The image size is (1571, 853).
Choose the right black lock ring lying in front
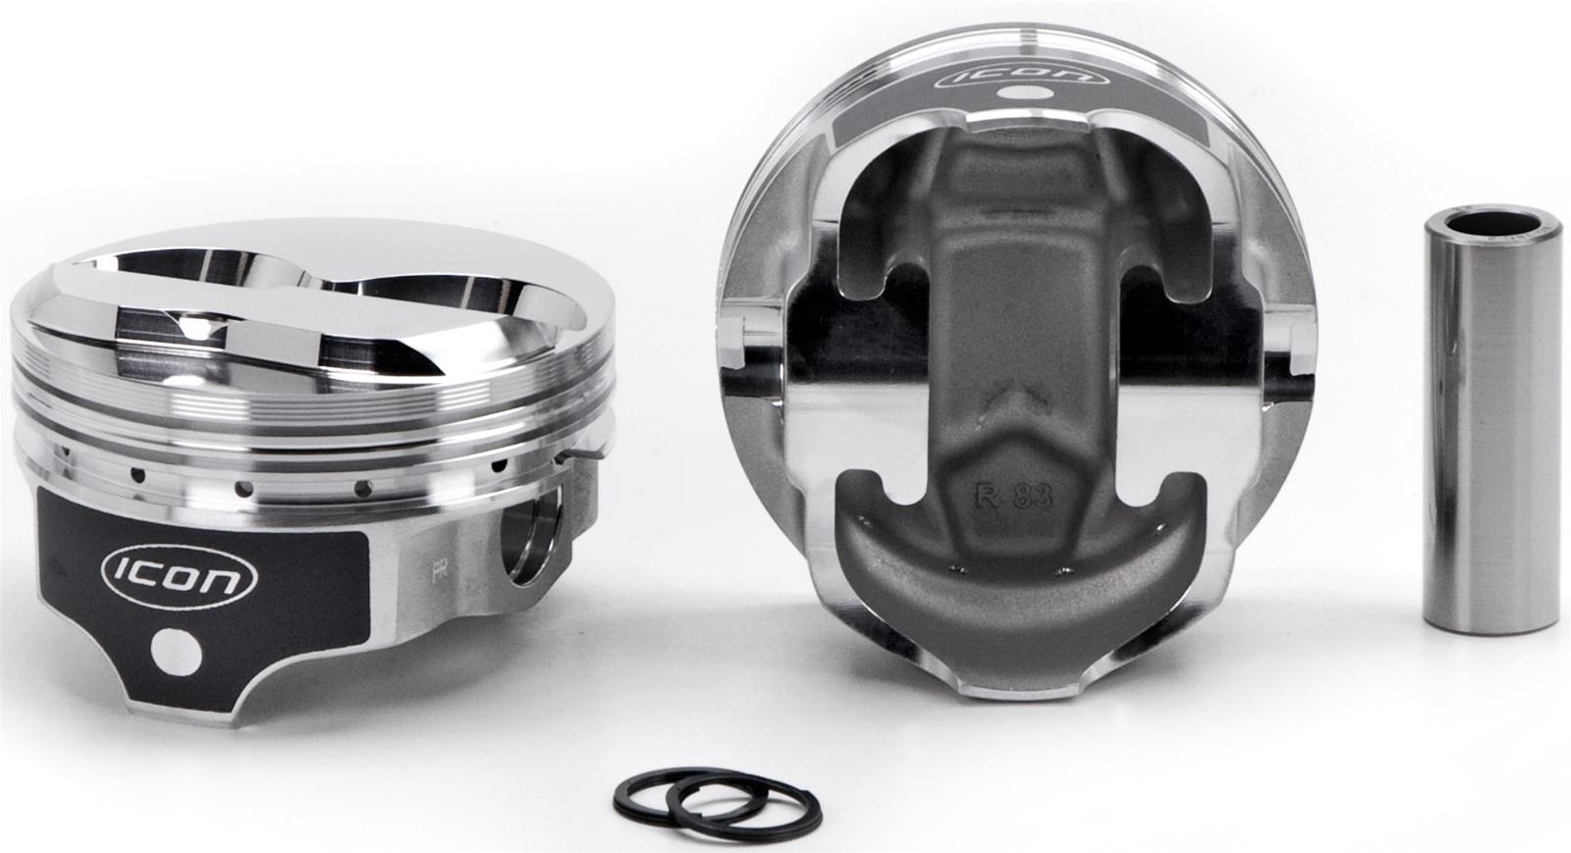[746, 800]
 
